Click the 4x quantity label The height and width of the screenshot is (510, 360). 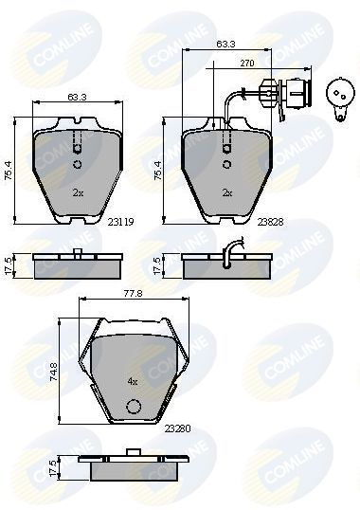(x=133, y=381)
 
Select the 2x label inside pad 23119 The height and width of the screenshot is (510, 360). (x=78, y=191)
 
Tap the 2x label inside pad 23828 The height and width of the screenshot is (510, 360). (x=226, y=191)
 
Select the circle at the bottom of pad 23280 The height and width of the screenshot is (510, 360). (x=134, y=409)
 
